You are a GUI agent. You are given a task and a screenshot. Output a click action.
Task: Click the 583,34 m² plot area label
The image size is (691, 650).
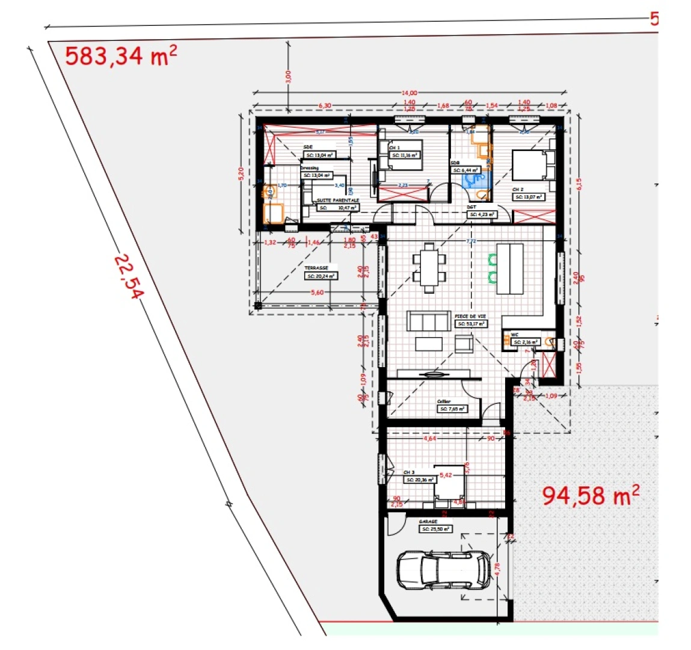[x=120, y=56]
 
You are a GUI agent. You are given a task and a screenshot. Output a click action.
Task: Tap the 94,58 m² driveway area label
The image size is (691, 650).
[x=590, y=495]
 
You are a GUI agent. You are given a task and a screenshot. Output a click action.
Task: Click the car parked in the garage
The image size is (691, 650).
[x=443, y=569]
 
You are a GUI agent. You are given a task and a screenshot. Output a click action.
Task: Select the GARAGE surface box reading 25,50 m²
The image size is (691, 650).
[x=435, y=530]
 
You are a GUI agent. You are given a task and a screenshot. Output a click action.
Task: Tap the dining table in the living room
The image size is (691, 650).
[x=429, y=267]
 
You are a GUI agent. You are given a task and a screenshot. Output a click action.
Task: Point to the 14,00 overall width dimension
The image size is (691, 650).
[x=409, y=93]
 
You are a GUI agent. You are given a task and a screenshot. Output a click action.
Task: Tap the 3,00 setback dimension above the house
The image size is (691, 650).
[x=287, y=76]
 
